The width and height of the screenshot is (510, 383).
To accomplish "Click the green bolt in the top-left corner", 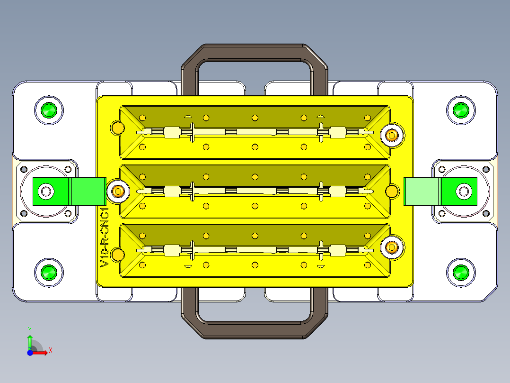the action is (49, 110).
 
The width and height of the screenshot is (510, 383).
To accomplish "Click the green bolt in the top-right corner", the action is (461, 110).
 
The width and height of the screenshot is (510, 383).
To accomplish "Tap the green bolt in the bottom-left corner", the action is (49, 273).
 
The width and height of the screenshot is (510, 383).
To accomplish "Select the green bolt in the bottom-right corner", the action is (461, 273).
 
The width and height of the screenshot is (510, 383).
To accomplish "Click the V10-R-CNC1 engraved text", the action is (105, 237).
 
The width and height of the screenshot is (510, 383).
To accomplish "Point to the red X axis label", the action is (51, 351).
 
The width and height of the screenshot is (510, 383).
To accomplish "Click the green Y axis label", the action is (30, 330).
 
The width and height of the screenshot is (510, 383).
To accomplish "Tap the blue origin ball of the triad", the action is (30, 353).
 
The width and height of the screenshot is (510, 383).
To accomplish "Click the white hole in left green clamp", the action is (46, 191).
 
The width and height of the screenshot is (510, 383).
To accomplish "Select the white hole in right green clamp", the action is (464, 191).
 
